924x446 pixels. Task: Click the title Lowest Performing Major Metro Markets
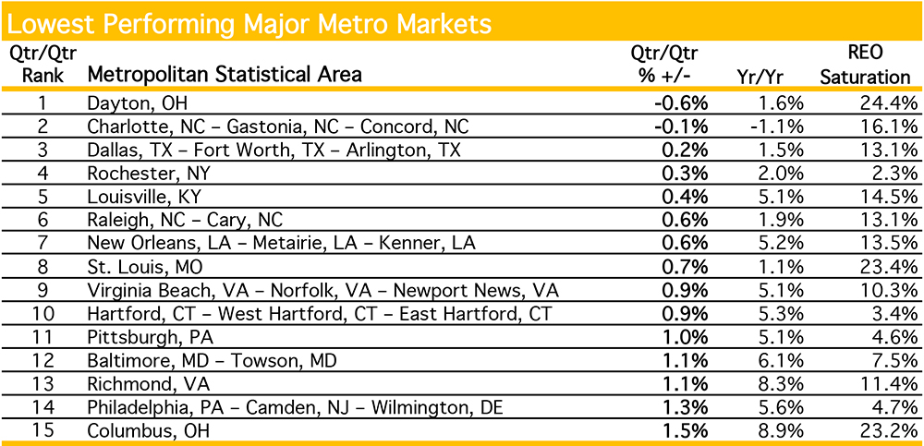(249, 20)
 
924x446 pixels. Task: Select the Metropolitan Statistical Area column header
(224, 74)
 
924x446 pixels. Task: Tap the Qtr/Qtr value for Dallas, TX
(686, 150)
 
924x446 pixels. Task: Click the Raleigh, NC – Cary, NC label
(184, 221)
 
